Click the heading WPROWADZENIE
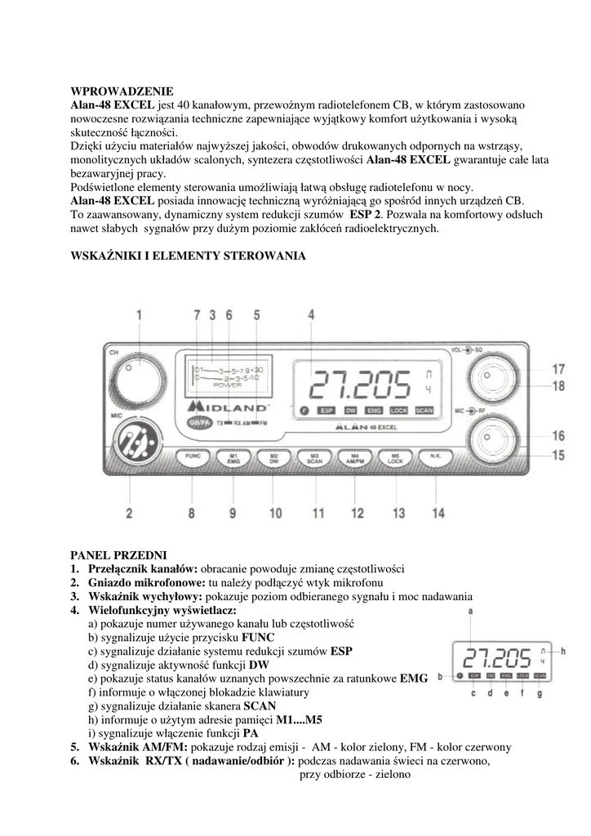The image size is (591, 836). pos(122,92)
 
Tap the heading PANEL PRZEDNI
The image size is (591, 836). pos(119,555)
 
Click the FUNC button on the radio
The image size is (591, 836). pos(193,459)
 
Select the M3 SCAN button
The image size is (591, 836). pos(314,459)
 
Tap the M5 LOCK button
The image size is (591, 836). pos(396,459)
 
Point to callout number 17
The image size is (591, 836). pos(558,369)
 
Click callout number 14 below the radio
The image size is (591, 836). pos(439,514)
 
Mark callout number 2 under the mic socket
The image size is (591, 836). pos(129,514)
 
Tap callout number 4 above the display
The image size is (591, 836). pos(311,314)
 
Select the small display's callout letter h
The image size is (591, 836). pos(562,651)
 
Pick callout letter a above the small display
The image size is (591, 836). pos(471,610)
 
